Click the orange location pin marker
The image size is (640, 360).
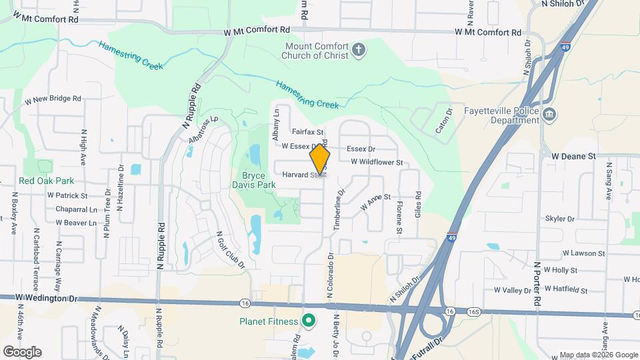[320, 161]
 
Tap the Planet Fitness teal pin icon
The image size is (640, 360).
[308, 321]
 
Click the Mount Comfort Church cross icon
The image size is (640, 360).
[359, 50]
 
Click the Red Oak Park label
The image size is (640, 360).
[46, 181]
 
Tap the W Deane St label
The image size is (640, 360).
[573, 155]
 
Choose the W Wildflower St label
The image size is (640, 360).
[377, 162]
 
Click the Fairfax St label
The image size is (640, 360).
[307, 133]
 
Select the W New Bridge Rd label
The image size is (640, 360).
[53, 99]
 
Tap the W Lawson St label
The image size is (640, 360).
[583, 253]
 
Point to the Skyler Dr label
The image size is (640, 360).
[559, 219]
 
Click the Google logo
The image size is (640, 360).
[22, 351]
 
